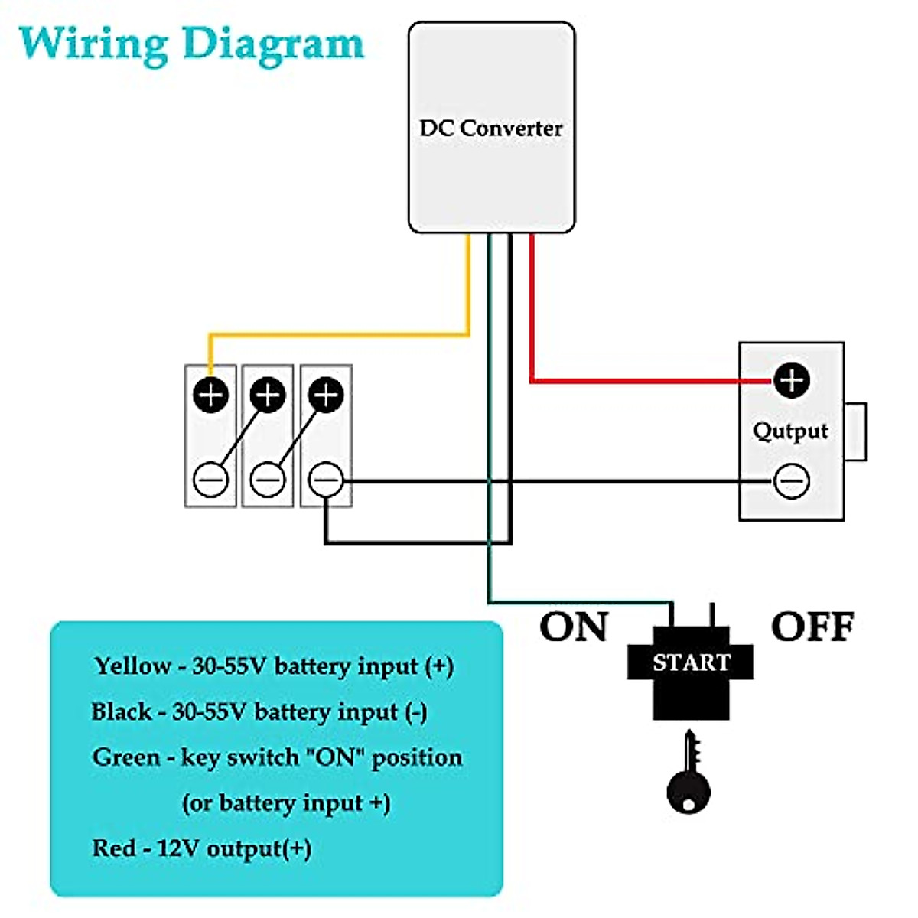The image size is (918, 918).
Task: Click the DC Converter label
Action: point(490,128)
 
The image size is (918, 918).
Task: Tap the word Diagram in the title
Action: point(273,45)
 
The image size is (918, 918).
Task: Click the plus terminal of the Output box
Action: point(791,379)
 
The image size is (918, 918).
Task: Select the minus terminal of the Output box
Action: point(791,481)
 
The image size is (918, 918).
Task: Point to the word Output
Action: point(790,431)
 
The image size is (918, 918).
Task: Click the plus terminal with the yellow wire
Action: point(210,395)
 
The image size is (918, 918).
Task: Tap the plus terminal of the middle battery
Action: point(268,395)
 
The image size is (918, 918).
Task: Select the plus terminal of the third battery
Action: point(326,395)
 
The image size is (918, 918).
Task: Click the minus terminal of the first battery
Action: point(210,480)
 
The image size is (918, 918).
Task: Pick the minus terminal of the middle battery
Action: point(268,480)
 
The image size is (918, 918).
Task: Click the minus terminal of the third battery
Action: point(326,480)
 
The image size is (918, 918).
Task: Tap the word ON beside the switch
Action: point(574,627)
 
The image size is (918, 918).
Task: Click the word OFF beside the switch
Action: point(812,627)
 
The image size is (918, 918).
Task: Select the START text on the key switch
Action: point(691,662)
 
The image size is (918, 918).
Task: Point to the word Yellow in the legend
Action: point(132,666)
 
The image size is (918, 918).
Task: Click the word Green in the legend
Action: point(126,757)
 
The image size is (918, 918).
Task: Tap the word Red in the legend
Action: point(114,848)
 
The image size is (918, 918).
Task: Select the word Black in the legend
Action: point(121,711)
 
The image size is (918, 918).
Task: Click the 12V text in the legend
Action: point(178,848)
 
